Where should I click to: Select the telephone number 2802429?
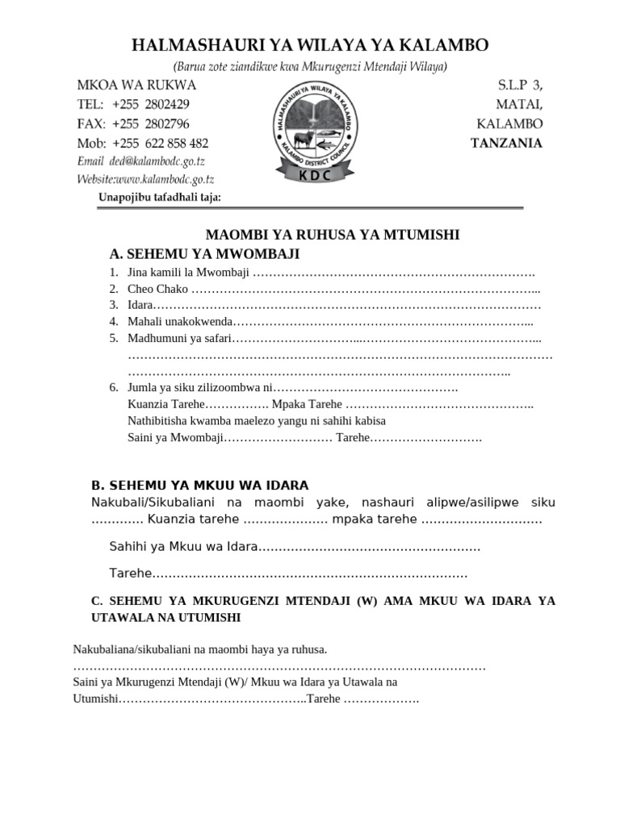pos(167,104)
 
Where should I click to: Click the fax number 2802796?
pos(167,123)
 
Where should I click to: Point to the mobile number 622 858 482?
pos(177,144)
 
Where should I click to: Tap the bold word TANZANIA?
pos(506,144)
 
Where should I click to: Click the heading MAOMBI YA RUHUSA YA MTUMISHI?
pos(333,235)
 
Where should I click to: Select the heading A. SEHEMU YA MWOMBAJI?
pos(204,254)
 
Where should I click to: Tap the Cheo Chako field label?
pos(157,289)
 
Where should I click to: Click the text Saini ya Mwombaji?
pos(174,438)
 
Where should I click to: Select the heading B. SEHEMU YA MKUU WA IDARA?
pos(200,486)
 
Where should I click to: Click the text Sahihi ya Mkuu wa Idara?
pos(183,548)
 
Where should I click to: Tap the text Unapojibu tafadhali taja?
pos(159,198)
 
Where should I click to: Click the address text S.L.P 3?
pos(522,85)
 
